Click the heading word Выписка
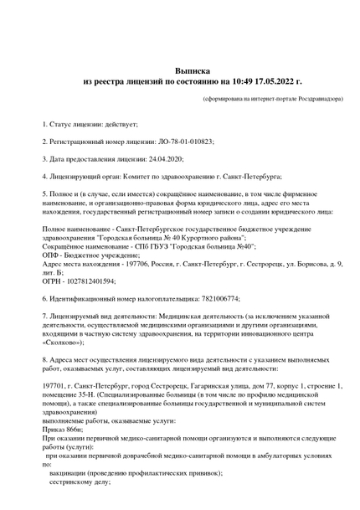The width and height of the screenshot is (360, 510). coord(193,72)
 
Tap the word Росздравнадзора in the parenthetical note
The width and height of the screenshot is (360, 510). coord(316,99)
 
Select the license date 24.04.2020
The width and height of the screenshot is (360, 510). coord(166,159)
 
